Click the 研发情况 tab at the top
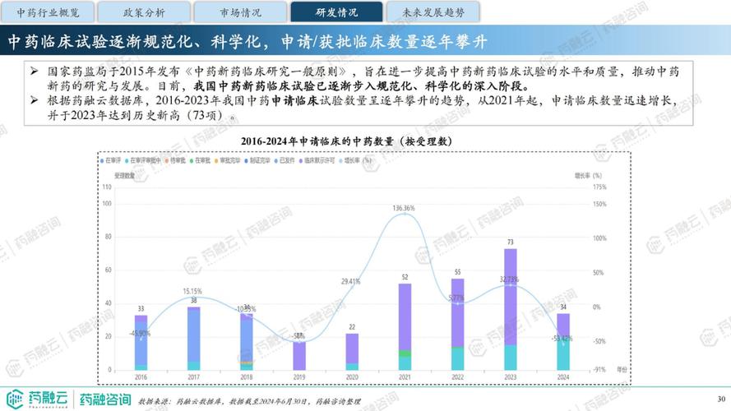pyautogui.click(x=337, y=12)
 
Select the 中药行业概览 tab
pyautogui.click(x=49, y=12)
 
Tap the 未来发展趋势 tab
pyautogui.click(x=434, y=12)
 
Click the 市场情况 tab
pyautogui.click(x=241, y=12)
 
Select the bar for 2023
pyautogui.click(x=511, y=309)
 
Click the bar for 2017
pyautogui.click(x=193, y=338)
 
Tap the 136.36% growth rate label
pyautogui.click(x=404, y=208)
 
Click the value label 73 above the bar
pyautogui.click(x=511, y=242)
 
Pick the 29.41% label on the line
pyautogui.click(x=351, y=282)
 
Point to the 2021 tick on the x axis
pyautogui.click(x=405, y=376)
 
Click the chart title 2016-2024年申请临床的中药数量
pyautogui.click(x=346, y=141)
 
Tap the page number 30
pyautogui.click(x=722, y=399)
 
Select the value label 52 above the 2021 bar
pyautogui.click(x=405, y=277)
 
